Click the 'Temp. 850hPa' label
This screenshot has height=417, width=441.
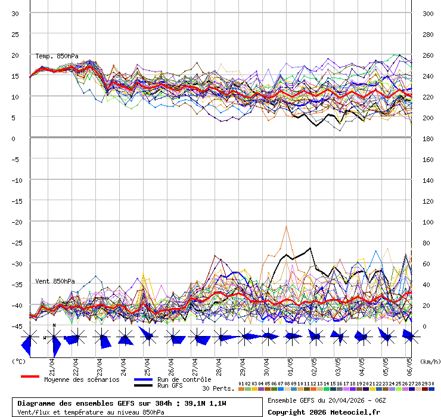pos(57,56)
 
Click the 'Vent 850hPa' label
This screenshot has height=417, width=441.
pos(55,281)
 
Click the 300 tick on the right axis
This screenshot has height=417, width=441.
pos(428,14)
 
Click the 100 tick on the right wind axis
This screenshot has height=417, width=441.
pos(428,222)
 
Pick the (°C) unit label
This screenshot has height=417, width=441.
pos(18,361)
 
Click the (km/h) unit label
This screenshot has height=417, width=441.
pos(429,361)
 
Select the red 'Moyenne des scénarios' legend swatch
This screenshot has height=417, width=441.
pos(30,376)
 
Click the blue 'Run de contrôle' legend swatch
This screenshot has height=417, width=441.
pos(143,379)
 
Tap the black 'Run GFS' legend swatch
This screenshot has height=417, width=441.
pos(143,386)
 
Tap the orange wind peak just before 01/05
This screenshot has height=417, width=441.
pos(287,227)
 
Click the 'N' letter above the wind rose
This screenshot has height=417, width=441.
pos(54,325)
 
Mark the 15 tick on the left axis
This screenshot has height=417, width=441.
pos(16,76)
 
